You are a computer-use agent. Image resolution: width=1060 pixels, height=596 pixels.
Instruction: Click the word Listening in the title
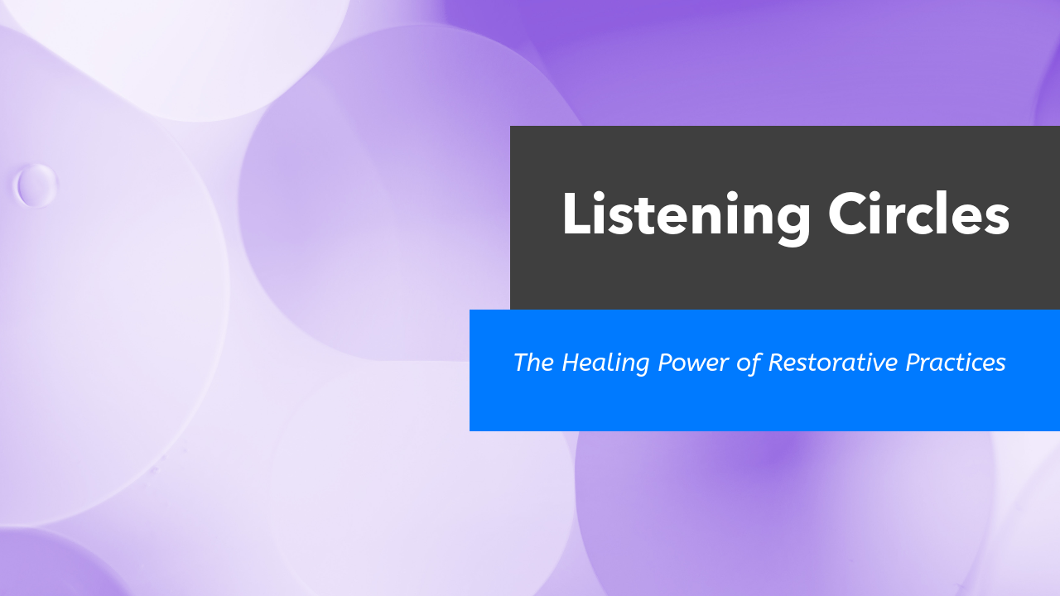click(x=686, y=215)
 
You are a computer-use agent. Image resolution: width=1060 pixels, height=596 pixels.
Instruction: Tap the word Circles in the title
click(x=918, y=215)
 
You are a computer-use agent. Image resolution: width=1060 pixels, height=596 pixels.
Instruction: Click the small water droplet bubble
click(x=36, y=185)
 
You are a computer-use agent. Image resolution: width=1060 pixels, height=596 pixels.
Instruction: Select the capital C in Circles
click(x=850, y=215)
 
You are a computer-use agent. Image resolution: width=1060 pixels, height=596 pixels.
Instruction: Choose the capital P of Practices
click(x=914, y=363)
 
